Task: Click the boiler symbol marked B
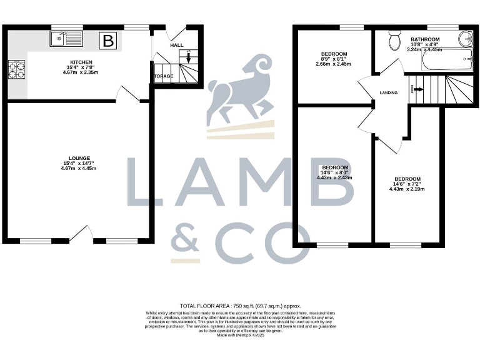pos(109,41)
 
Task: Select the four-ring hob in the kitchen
pos(16,69)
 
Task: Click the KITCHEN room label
pos(81,62)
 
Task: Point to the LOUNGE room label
pos(80,157)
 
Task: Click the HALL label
pos(177,46)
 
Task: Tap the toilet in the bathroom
pos(394,41)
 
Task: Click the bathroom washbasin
pos(465,40)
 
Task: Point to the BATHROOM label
pos(425,39)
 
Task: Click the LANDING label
pos(388,93)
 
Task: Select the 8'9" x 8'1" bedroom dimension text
pos(334,59)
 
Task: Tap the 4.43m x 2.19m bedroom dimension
pos(406,189)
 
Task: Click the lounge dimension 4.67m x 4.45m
pos(80,168)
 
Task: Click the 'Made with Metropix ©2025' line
pos(240,335)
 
